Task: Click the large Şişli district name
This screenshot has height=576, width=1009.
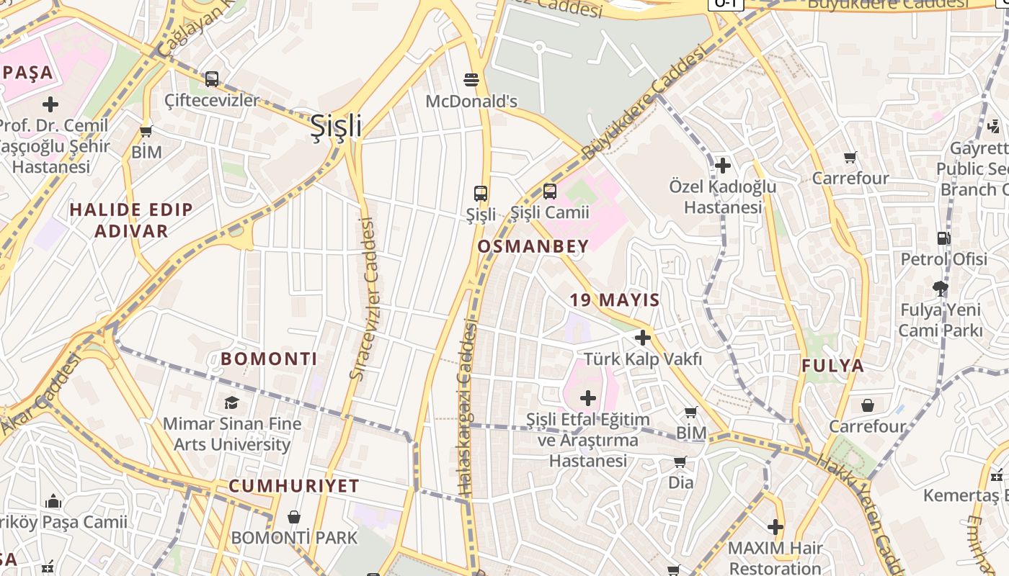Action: [336, 127]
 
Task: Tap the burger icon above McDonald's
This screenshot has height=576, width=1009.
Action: [471, 79]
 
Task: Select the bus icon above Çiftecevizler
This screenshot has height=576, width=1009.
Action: [212, 79]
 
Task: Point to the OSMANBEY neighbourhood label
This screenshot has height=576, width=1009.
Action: [533, 246]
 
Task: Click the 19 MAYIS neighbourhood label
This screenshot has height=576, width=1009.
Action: [615, 300]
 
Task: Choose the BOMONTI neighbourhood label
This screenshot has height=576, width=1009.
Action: [269, 359]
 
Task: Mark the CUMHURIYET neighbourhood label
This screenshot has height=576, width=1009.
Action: [294, 486]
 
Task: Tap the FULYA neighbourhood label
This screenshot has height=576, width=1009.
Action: [833, 366]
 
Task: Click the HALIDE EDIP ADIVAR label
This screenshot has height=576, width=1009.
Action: [131, 220]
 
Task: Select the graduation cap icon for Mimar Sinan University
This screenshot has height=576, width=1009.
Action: [231, 402]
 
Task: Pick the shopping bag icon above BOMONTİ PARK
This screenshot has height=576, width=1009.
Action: [294, 517]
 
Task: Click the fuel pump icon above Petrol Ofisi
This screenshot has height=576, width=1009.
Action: [943, 238]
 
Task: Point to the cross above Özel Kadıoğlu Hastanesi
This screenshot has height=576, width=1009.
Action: [723, 166]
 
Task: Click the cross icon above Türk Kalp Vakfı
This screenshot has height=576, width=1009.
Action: [643, 337]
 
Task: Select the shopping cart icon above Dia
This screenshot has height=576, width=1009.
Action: [680, 462]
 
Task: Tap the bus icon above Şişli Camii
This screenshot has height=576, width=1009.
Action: [550, 192]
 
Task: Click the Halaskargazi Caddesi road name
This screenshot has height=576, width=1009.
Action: [468, 410]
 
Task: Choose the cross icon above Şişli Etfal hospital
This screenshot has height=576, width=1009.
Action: [588, 397]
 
